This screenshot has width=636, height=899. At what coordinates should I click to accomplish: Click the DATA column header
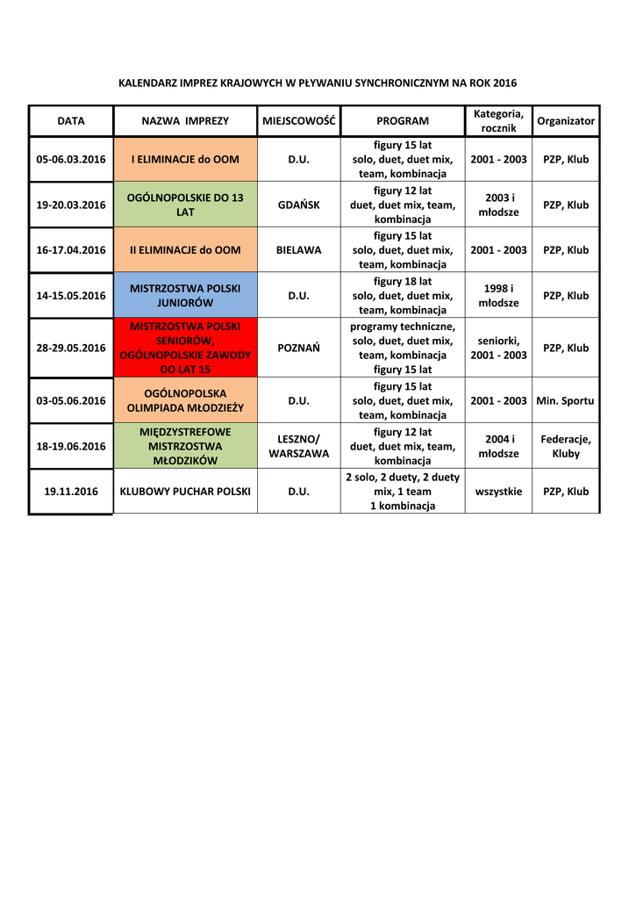70,121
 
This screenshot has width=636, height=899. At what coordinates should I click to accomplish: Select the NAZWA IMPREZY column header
185,121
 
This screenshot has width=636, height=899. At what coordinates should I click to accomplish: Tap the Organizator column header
566,121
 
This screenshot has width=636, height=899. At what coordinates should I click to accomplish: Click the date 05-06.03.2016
70,160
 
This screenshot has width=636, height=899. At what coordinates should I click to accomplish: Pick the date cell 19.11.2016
70,492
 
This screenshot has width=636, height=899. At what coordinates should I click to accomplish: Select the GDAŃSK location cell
299,205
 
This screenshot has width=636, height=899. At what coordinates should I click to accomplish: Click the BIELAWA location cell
299,250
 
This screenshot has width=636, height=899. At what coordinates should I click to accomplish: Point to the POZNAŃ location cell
299,348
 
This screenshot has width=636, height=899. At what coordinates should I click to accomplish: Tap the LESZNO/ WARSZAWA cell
299,446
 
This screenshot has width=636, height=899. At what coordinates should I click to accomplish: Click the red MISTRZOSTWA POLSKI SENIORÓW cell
185,348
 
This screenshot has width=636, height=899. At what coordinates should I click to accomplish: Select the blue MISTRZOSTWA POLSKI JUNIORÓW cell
185,296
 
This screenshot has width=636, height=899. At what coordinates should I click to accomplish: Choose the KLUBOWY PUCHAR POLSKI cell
185,492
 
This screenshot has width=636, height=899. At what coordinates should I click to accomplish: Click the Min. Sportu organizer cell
566,400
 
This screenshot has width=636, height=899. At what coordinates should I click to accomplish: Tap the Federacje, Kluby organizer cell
566,446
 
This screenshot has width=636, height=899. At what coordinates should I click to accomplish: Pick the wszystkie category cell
498,492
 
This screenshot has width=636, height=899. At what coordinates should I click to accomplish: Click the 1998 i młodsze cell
498,296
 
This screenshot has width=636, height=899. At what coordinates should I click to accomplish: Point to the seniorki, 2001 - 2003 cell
498,348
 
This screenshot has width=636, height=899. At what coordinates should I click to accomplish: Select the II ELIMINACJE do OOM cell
185,250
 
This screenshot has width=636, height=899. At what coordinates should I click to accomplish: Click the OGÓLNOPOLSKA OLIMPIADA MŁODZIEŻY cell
185,400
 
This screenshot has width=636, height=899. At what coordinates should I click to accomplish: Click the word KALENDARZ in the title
148,83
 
